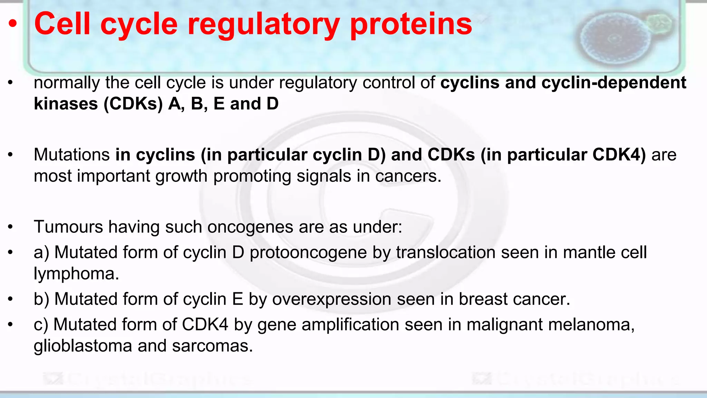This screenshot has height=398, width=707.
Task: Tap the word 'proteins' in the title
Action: pos(411,24)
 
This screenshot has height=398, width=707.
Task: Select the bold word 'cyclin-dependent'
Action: pos(613,83)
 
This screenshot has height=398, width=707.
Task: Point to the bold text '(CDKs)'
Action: pos(133,104)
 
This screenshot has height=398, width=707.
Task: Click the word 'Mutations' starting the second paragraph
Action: pos(71,155)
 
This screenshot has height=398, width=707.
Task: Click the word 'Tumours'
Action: pos(68,227)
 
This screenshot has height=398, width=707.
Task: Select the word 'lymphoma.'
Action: pos(76,274)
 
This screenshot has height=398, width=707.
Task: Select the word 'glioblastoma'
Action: pos(83,346)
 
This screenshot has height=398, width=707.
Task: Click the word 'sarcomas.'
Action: pos(213,346)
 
